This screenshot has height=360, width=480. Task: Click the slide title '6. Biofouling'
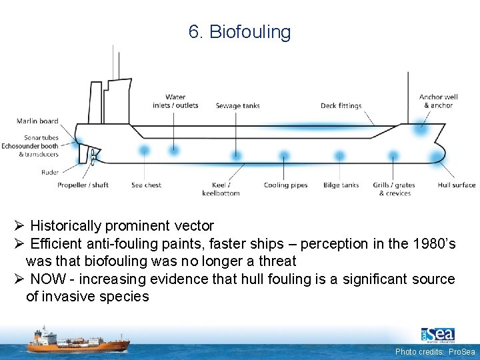pos(239,32)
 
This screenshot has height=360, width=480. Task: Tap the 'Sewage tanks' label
pos(237,106)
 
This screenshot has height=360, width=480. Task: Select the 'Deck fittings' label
pos(341,106)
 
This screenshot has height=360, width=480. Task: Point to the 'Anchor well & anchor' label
pos(438,101)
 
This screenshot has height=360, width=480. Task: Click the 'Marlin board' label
pos(37,121)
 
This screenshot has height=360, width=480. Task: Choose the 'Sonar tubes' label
pos(39,138)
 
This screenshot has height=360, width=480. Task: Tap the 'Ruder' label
pos(49,172)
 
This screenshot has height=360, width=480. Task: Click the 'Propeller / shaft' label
pos(83,185)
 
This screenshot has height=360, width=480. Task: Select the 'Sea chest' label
pos(146,185)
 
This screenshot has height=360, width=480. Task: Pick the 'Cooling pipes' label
pos(285,185)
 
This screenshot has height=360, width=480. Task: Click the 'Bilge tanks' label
pos(341,185)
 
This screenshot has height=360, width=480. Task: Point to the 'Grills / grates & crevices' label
pos(393,189)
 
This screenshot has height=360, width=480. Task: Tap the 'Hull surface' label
pos(457,185)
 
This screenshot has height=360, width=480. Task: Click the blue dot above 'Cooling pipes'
pos(285,157)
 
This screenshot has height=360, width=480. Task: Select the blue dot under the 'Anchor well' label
pos(420,128)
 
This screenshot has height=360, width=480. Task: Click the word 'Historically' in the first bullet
pos(67,226)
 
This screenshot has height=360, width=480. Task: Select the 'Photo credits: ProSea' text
pos(435,351)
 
